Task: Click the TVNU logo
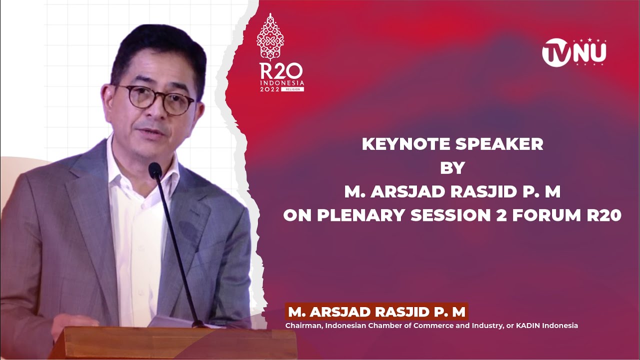click(574, 52)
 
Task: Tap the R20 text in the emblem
click(280, 71)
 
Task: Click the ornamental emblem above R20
click(270, 37)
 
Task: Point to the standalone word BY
click(452, 168)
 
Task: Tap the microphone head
click(155, 170)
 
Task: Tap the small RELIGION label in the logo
click(292, 89)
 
